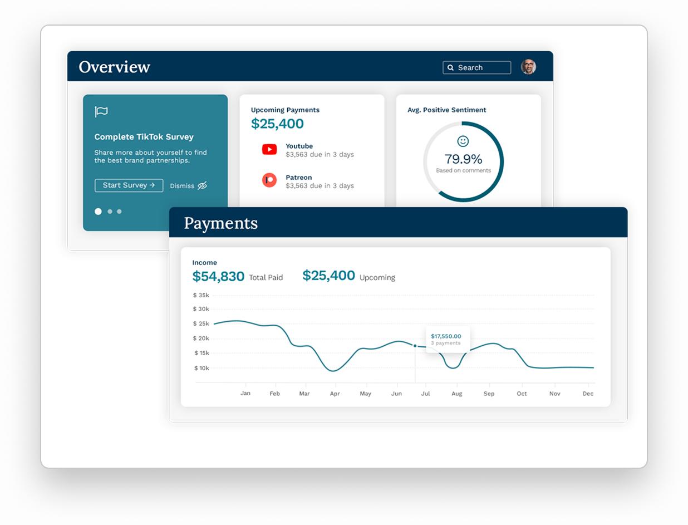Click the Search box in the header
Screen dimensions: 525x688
476,67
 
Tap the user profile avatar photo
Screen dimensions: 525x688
528,67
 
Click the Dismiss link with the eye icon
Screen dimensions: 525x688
189,185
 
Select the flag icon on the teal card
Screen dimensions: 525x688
101,112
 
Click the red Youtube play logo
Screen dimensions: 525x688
269,149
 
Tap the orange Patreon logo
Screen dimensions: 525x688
269,180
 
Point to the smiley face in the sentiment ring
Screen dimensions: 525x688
463,141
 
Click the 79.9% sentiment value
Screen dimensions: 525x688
463,159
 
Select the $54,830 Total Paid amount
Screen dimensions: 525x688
218,276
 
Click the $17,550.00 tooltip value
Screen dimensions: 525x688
446,336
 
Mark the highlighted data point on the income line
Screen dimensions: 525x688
415,346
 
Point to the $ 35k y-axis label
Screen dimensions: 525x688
201,295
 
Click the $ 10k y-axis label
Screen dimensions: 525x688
201,368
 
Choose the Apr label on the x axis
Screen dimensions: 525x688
335,394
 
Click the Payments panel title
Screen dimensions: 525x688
221,223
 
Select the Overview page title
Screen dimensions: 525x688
115,67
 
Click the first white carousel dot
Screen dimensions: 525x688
99,212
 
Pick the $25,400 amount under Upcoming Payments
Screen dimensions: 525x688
277,124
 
